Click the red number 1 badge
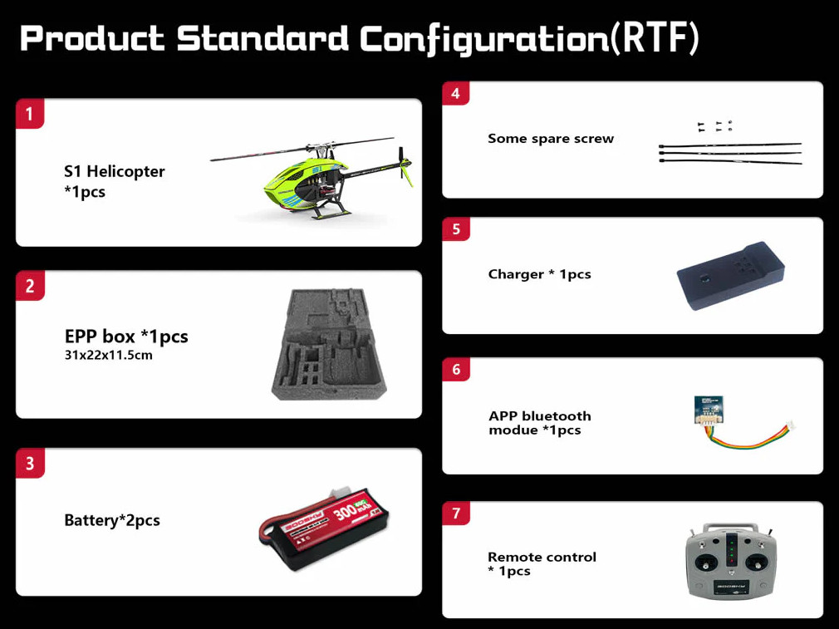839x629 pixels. tap(29, 114)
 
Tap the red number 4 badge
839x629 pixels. tap(455, 94)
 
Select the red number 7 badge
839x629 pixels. tap(456, 514)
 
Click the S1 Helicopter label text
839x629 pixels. tap(115, 171)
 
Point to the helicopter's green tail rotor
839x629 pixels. tap(404, 166)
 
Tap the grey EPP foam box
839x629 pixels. tap(329, 344)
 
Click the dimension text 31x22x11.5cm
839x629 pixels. tap(109, 356)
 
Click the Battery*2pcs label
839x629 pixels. tap(112, 520)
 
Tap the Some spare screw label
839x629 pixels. tap(551, 139)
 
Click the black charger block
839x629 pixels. tap(730, 276)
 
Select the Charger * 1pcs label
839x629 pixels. tap(539, 274)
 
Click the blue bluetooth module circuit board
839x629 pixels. tap(709, 409)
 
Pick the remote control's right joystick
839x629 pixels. tap(757, 563)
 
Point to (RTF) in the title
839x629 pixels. tap(655, 38)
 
